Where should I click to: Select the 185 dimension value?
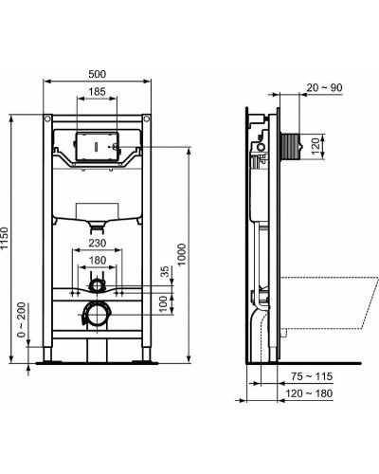coord(98,91)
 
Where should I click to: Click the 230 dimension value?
coord(98,243)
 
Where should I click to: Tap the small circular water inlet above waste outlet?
coord(98,283)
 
